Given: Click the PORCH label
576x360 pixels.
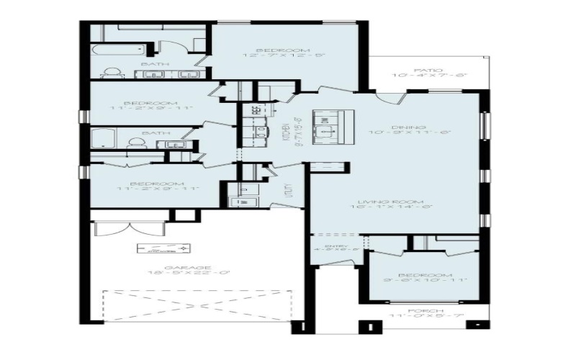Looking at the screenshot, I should click(x=423, y=311).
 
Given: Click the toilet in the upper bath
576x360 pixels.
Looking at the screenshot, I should click(x=112, y=73).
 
